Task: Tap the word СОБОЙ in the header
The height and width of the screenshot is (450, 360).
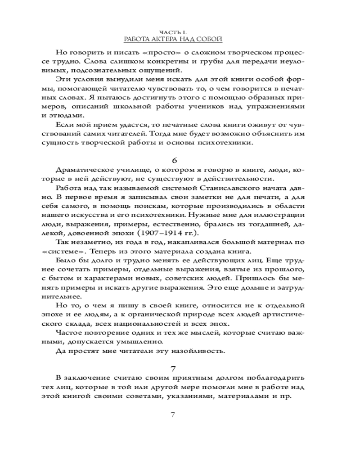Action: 209,40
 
